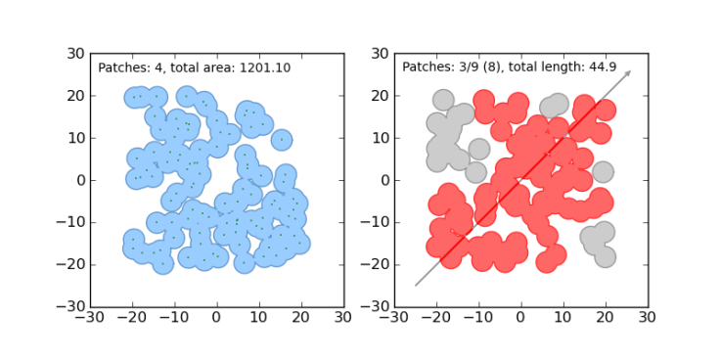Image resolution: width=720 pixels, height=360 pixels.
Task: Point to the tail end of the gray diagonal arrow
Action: pos(416,286)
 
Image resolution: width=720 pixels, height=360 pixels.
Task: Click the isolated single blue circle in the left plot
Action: pos(281,140)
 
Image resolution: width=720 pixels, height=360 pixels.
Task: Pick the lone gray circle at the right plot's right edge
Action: pos(603,172)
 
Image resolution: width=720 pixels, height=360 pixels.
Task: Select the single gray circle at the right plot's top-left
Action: pos(443,100)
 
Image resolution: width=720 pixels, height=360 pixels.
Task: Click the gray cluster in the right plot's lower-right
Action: pos(598,241)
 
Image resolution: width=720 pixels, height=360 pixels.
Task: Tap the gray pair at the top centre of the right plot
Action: pos(554,107)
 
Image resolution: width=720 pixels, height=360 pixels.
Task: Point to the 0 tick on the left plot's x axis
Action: pos(216,318)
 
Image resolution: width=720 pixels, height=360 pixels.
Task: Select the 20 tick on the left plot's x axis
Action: pos(300,318)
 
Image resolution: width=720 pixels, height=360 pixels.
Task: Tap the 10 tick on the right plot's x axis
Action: pos(562,318)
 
